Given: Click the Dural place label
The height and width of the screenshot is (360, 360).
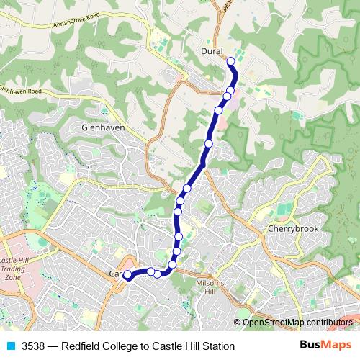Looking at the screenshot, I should (x=212, y=51).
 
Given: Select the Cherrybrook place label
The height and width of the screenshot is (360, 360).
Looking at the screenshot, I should (x=288, y=229).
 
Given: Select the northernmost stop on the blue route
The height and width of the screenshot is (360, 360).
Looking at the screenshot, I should (x=232, y=62).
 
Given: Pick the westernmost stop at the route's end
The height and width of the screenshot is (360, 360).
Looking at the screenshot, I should (x=127, y=274).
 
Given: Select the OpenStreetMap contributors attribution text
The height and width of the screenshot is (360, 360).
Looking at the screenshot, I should (x=297, y=323).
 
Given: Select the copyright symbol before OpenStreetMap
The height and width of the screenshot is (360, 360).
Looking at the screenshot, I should (x=237, y=323).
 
